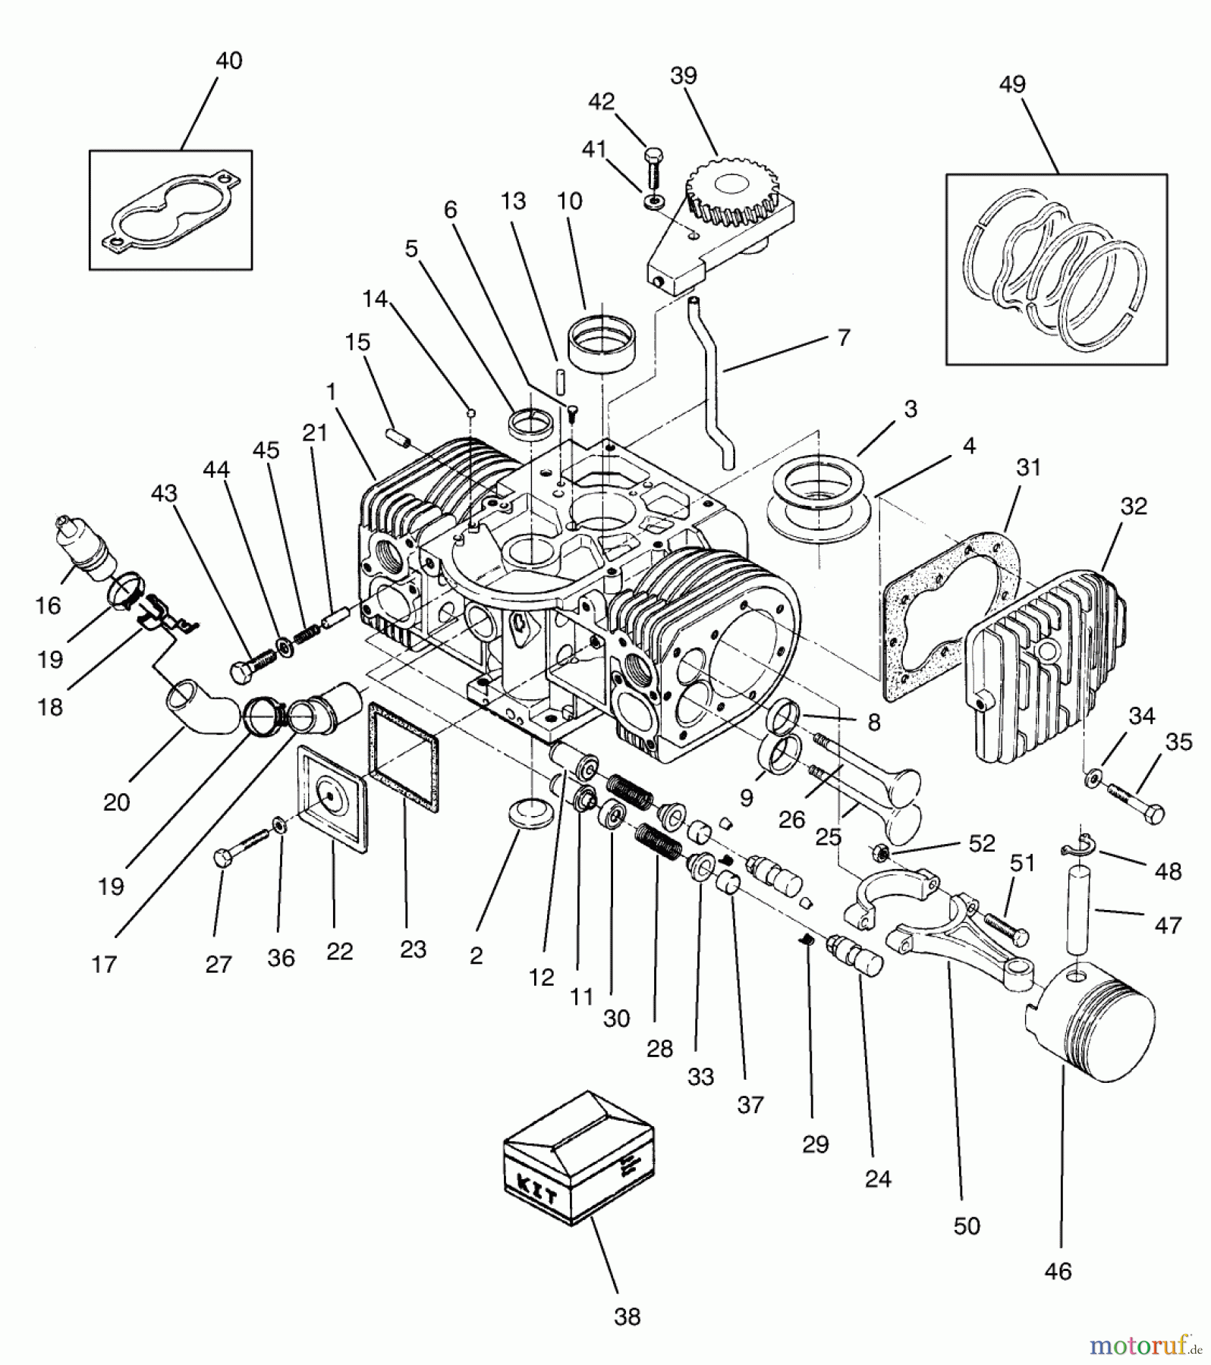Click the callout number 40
[x=229, y=61]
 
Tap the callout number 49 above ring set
[x=1012, y=83]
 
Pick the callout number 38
[x=627, y=1317]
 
